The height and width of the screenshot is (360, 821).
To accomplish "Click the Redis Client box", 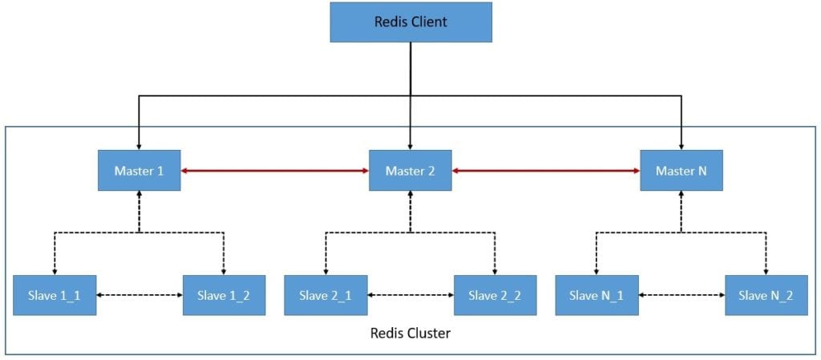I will (x=410, y=22).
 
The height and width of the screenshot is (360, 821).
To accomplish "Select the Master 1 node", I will (x=140, y=170).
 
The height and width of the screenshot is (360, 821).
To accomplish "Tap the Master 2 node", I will (x=410, y=170).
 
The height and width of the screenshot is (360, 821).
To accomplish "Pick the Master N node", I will (x=681, y=170).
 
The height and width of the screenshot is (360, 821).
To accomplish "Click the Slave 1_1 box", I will (x=55, y=295).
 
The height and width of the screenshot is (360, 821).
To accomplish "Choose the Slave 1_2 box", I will (x=224, y=295).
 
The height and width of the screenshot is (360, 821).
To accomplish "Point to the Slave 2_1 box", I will (x=326, y=295).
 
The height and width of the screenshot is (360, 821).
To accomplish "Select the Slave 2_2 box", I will (x=495, y=295).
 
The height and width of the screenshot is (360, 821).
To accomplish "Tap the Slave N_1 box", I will (x=596, y=295).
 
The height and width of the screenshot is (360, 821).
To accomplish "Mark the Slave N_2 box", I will (x=766, y=295).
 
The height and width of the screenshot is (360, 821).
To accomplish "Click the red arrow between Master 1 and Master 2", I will (x=274, y=170).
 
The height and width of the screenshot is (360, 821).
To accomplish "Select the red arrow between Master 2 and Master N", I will (x=545, y=170).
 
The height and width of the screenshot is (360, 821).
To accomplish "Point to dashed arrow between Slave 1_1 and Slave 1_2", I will (x=140, y=295).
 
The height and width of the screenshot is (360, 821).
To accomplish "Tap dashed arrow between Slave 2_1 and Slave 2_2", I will (x=410, y=295).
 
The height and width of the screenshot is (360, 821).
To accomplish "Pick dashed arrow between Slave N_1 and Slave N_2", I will (x=681, y=295).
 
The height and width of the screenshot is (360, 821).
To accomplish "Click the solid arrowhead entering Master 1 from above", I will (x=140, y=145).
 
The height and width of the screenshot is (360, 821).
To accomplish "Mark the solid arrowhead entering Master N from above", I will (x=681, y=145).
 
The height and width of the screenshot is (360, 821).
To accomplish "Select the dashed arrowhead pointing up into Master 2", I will (x=410, y=195).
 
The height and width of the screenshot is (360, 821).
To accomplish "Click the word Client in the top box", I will (x=428, y=22).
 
